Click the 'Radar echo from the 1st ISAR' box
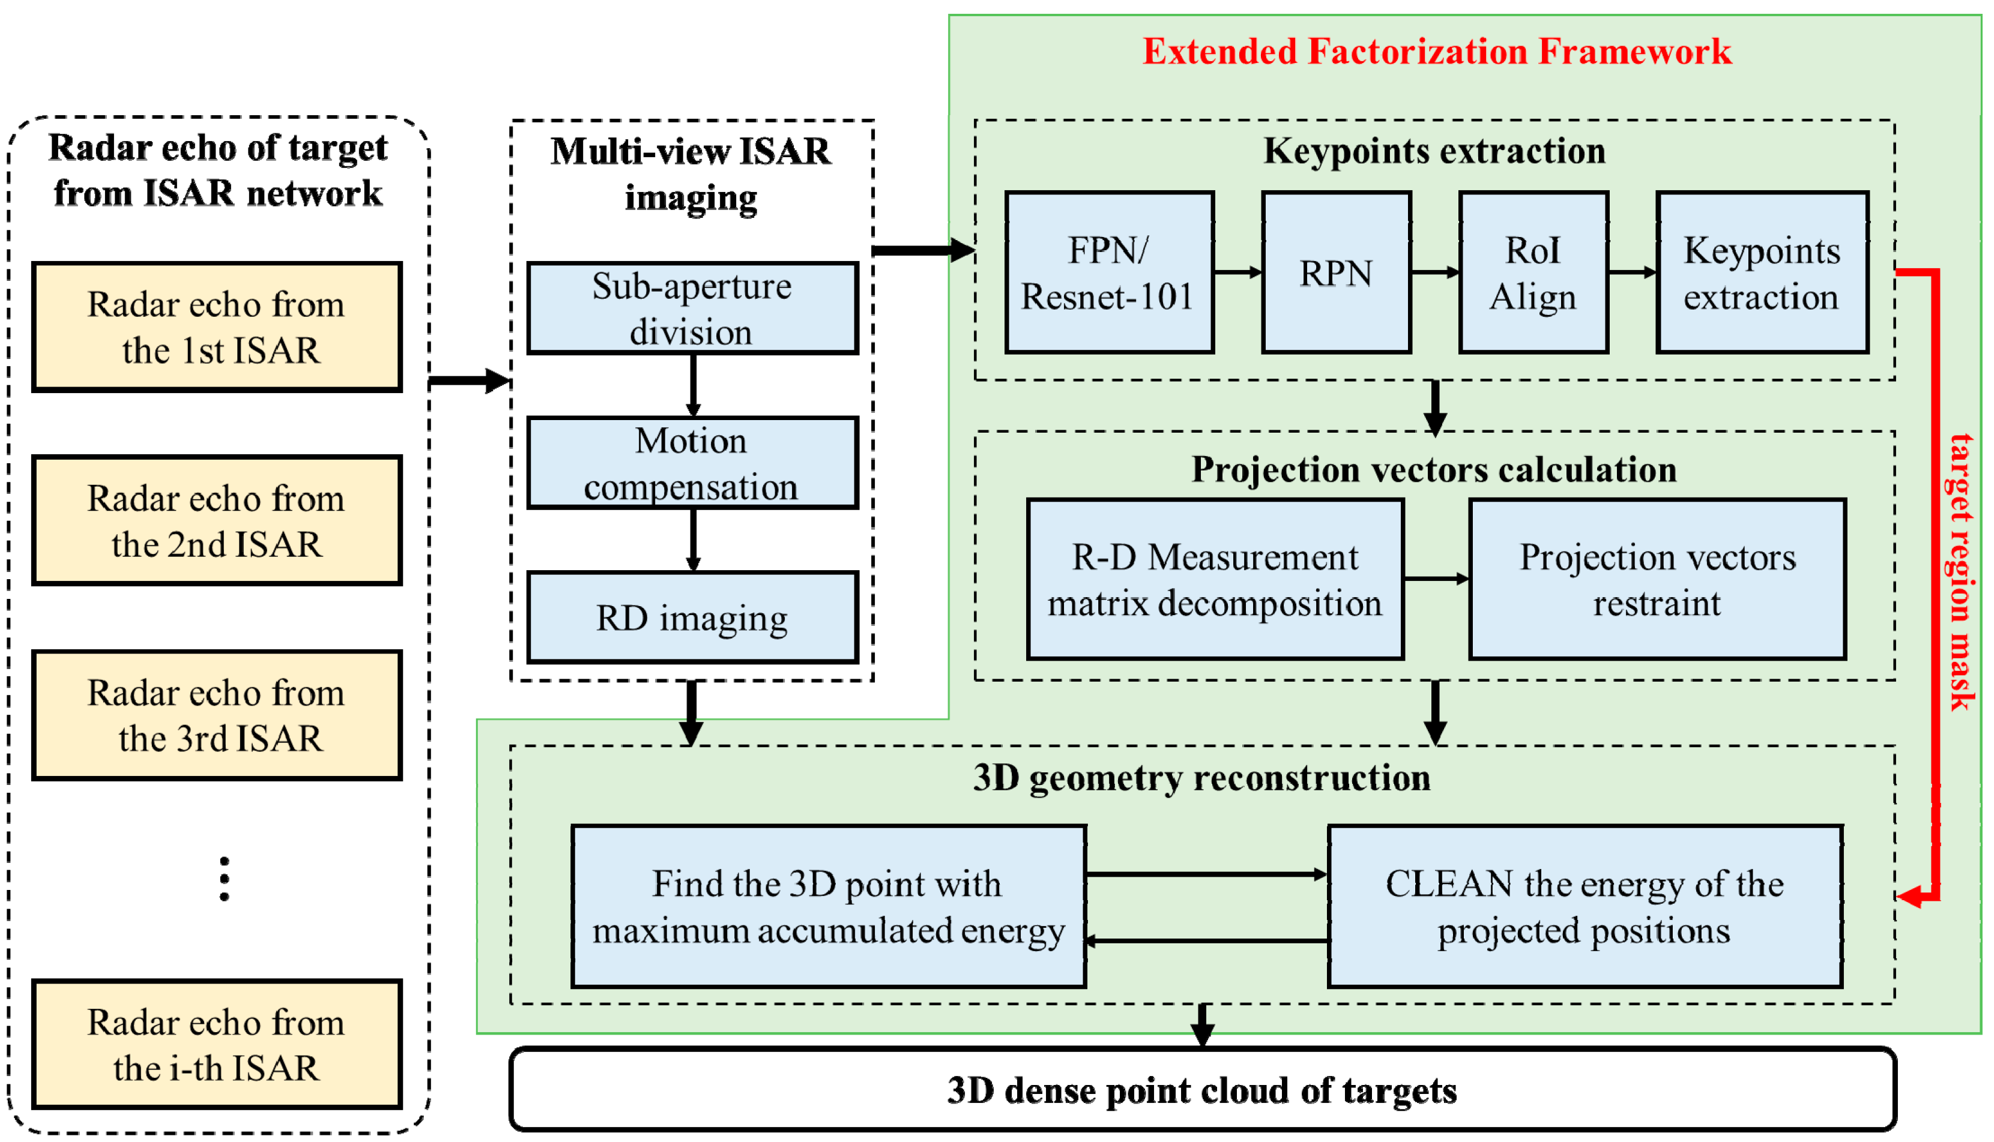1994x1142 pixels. [x=217, y=327]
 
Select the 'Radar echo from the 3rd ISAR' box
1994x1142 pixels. [x=217, y=715]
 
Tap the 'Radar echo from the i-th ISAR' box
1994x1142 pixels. [x=217, y=1045]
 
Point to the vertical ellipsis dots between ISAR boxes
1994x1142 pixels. [x=225, y=879]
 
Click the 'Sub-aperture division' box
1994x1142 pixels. [x=692, y=308]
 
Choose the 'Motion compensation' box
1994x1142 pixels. [x=692, y=463]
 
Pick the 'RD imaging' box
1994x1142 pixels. [x=692, y=618]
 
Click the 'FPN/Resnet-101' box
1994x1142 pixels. [x=1109, y=273]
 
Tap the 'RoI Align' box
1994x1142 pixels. [x=1533, y=273]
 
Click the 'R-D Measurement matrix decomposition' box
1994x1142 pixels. [x=1215, y=580]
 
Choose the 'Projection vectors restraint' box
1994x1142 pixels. [x=1657, y=580]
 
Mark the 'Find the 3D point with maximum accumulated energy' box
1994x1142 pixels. [x=829, y=907]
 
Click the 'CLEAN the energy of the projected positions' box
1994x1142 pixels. [x=1585, y=907]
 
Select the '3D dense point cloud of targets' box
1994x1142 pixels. [x=1202, y=1090]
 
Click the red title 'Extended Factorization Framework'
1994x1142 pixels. [x=1436, y=52]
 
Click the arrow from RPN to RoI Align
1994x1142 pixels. [x=1434, y=273]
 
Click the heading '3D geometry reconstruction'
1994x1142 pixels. [x=1201, y=778]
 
